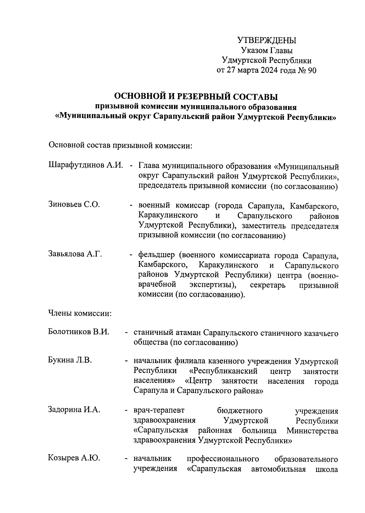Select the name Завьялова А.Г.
tap(75, 254)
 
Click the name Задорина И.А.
tap(74, 410)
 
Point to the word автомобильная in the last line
tap(278, 469)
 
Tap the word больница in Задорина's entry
tap(259, 431)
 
